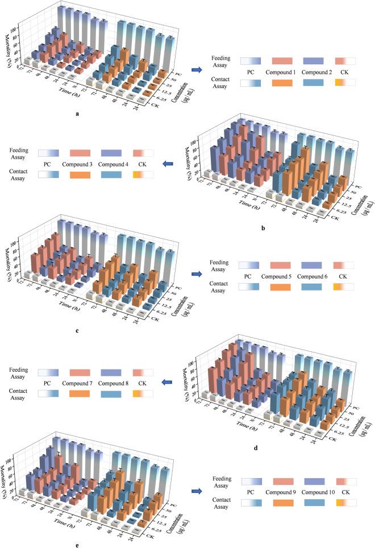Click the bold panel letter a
coord(77,114)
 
